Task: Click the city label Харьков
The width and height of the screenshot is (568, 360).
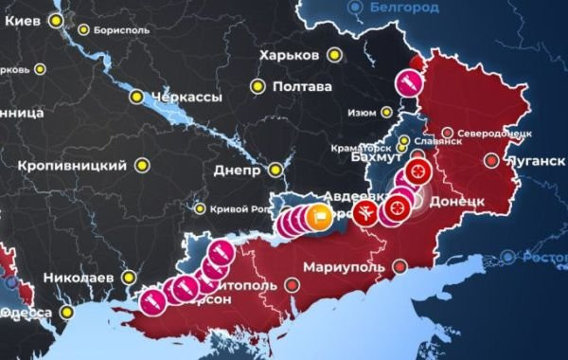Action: click(289, 55)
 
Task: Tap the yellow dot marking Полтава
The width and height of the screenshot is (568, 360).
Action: click(257, 86)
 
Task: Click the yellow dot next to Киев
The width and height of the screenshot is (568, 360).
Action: click(58, 19)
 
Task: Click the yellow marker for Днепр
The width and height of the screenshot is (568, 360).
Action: click(275, 171)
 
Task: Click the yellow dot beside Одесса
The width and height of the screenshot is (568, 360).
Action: click(66, 312)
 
